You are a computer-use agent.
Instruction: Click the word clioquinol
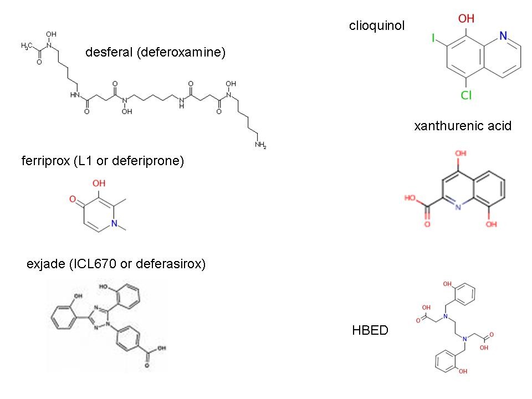click(x=377, y=25)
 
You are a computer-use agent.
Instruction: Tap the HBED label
click(x=370, y=331)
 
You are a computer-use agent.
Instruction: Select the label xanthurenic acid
click(x=462, y=126)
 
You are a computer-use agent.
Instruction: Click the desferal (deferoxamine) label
click(x=156, y=53)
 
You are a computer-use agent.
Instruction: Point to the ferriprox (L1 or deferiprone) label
click(x=102, y=161)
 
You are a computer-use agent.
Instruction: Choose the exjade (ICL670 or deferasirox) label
click(x=116, y=264)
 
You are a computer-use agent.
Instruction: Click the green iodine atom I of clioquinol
click(x=433, y=38)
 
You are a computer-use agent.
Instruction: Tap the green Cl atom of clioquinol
click(x=467, y=96)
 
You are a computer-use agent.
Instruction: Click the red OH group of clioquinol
click(x=465, y=19)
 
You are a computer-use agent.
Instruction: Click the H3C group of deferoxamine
click(x=26, y=46)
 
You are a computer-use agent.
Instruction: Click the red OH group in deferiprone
click(x=99, y=183)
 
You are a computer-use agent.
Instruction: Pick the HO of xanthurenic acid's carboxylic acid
click(x=411, y=197)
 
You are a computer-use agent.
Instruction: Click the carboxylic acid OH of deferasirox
click(x=161, y=349)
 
